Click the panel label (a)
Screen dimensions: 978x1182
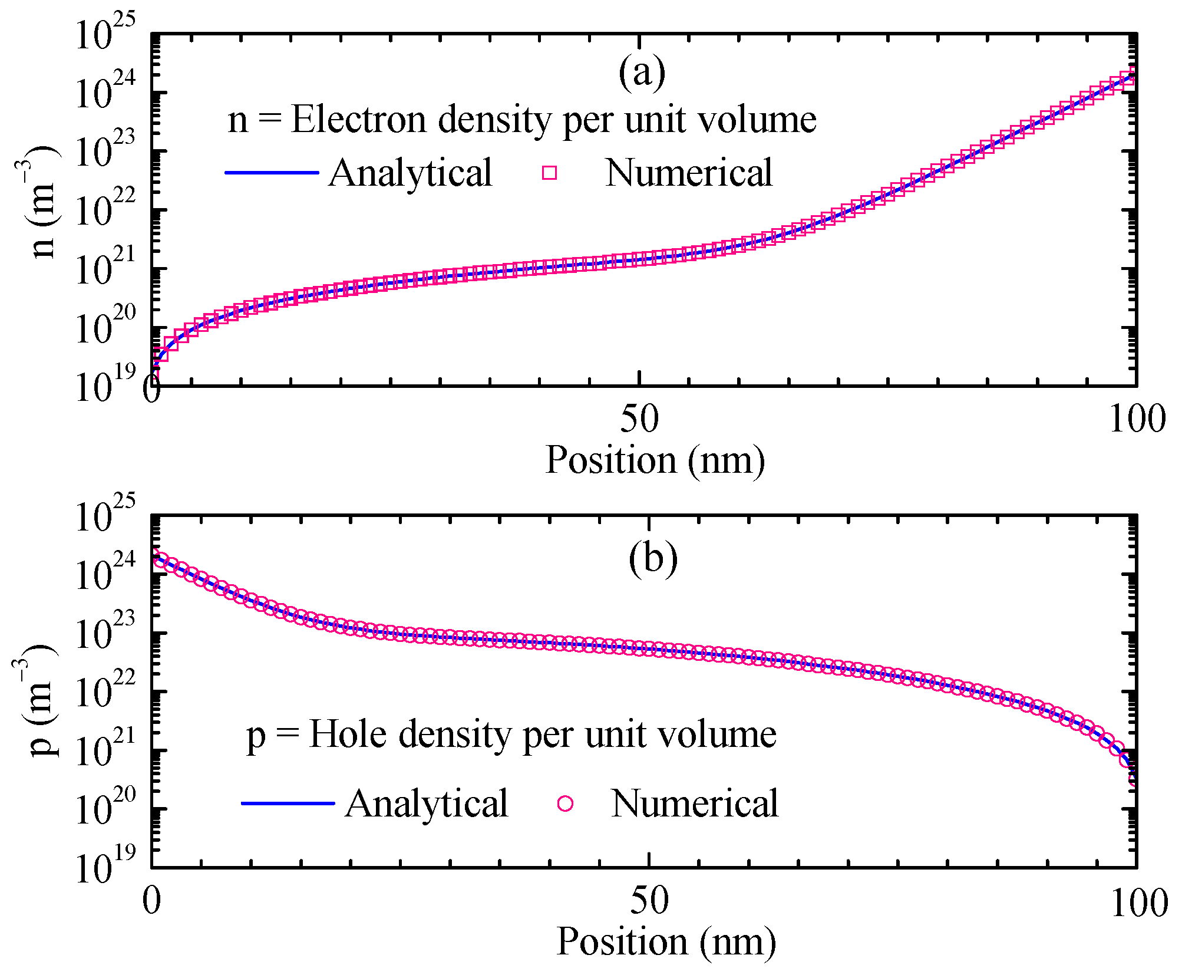tap(642, 73)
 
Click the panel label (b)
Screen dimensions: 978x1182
tap(653, 557)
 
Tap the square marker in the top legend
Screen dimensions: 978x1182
tap(549, 173)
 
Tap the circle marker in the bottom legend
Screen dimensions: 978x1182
tap(565, 804)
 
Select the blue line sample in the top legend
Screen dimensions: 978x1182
tap(272, 173)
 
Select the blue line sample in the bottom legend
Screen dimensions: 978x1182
tap(288, 804)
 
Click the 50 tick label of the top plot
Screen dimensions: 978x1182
tap(639, 419)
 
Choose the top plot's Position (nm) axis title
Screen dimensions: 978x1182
tap(655, 460)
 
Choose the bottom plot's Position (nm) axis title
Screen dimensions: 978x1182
tap(666, 941)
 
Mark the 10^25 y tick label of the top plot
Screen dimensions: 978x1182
tap(106, 34)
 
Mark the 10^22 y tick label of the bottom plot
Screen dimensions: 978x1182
tap(106, 690)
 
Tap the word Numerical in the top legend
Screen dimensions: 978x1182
tap(688, 173)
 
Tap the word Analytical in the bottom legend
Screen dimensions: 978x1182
tap(427, 804)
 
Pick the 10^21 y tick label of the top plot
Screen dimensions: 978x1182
tap(106, 268)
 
